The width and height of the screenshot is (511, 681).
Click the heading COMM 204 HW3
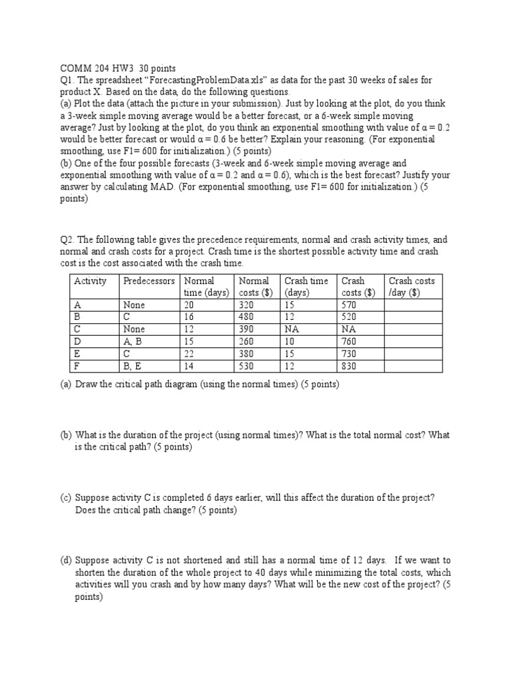point(89,68)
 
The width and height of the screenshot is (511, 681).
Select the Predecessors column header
point(149,281)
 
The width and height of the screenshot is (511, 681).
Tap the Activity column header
point(90,281)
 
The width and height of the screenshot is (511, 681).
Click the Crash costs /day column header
point(411,287)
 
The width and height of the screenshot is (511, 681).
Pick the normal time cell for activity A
point(190,305)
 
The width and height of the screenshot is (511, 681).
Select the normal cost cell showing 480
point(246,317)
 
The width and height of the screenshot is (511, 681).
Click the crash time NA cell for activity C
point(292,329)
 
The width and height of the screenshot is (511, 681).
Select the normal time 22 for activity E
point(190,354)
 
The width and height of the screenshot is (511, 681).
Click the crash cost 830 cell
point(349,366)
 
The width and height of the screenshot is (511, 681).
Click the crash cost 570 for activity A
point(349,305)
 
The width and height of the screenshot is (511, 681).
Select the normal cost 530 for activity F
point(246,366)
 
